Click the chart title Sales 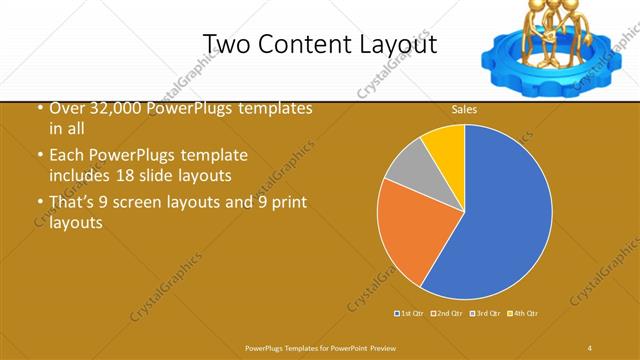click(465, 108)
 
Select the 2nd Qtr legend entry click(447, 314)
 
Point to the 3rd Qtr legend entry click(484, 314)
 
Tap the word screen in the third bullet click(160, 203)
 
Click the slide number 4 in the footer click(590, 347)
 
